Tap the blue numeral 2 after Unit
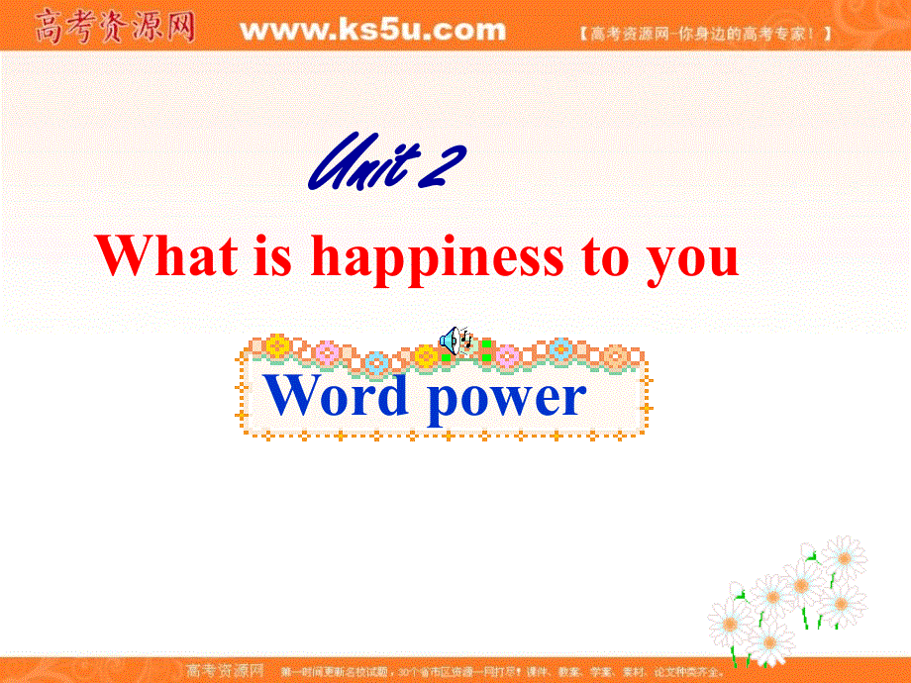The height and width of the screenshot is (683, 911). click(x=441, y=163)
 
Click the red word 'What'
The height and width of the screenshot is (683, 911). click(x=167, y=256)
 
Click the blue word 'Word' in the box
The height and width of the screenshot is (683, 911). click(x=338, y=396)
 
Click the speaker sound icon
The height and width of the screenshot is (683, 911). click(x=451, y=341)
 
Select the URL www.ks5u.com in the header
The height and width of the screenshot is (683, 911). click(x=372, y=30)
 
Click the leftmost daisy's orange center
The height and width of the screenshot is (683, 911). click(x=729, y=622)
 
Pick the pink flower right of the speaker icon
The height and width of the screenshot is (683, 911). click(x=507, y=354)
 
